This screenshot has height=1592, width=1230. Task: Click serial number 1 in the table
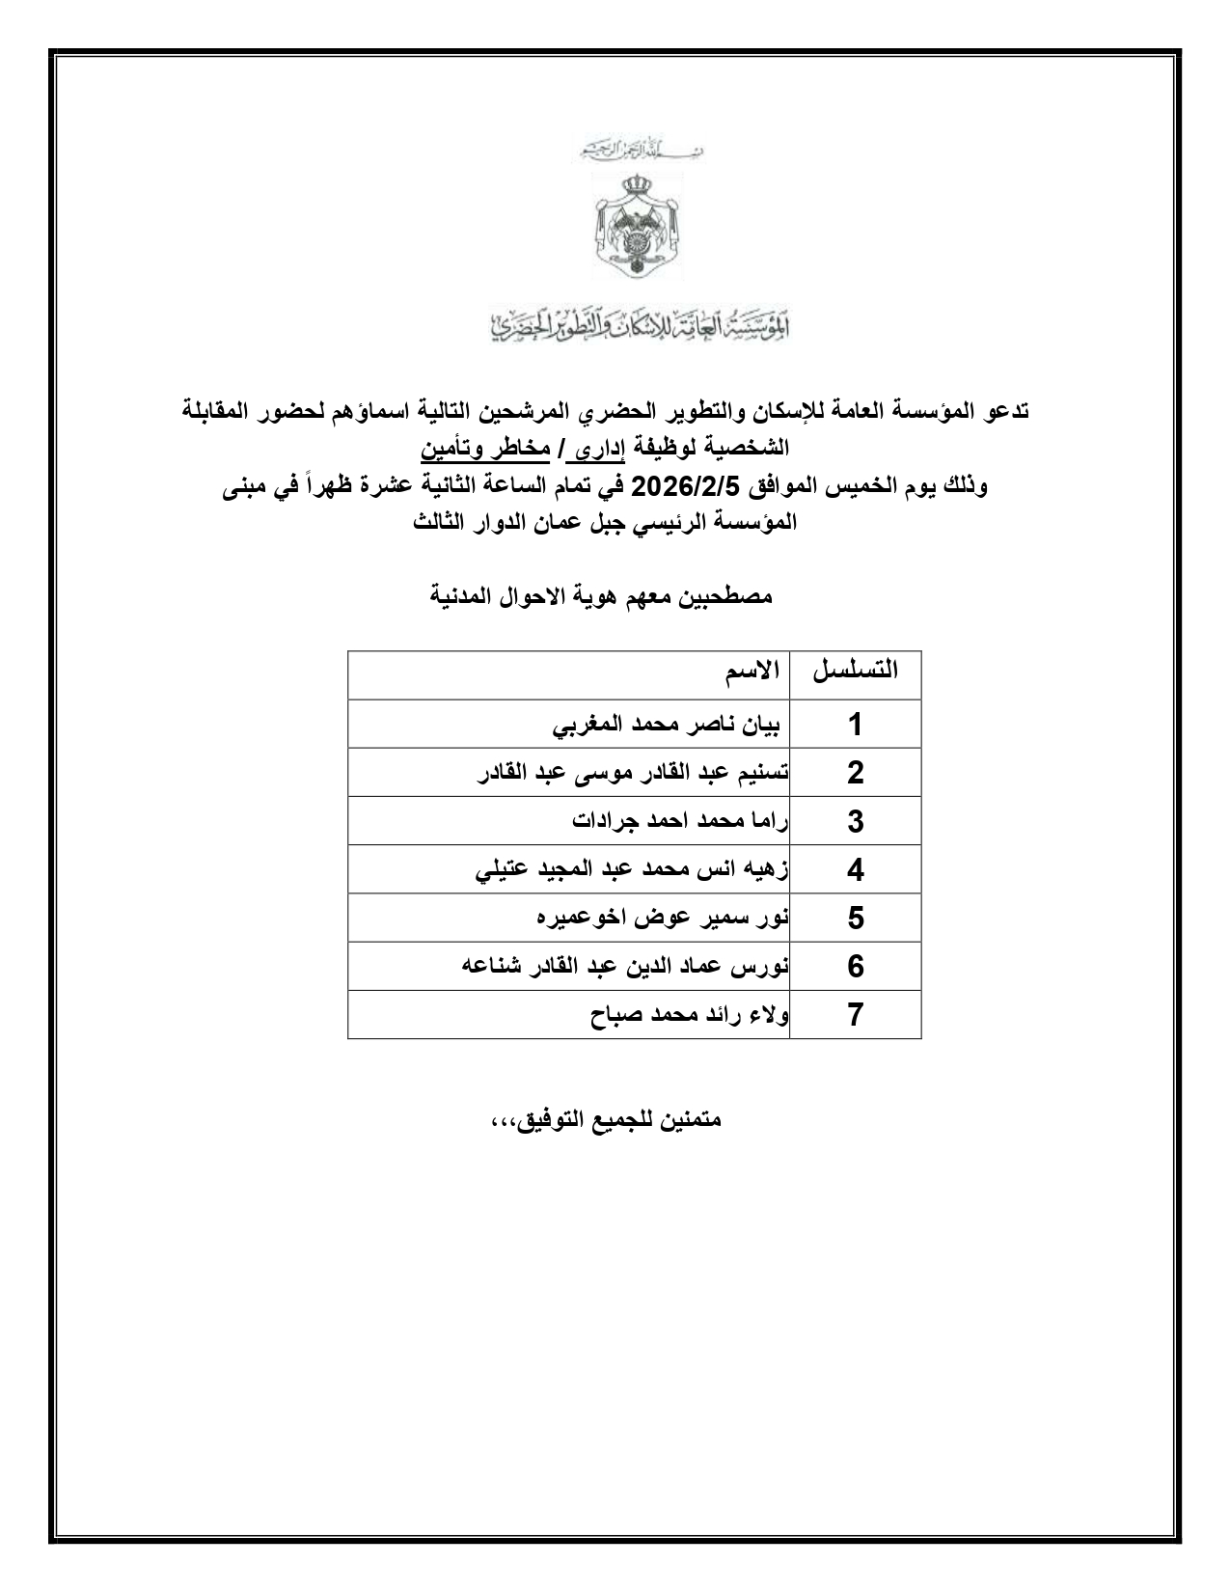[855, 725]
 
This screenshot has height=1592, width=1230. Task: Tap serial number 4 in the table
[855, 870]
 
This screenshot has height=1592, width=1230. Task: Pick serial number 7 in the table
[855, 1015]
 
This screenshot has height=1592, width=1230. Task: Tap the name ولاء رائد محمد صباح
[690, 1015]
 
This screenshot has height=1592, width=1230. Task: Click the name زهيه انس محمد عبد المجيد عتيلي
[633, 870]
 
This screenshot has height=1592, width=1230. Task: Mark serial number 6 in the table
[855, 967]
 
